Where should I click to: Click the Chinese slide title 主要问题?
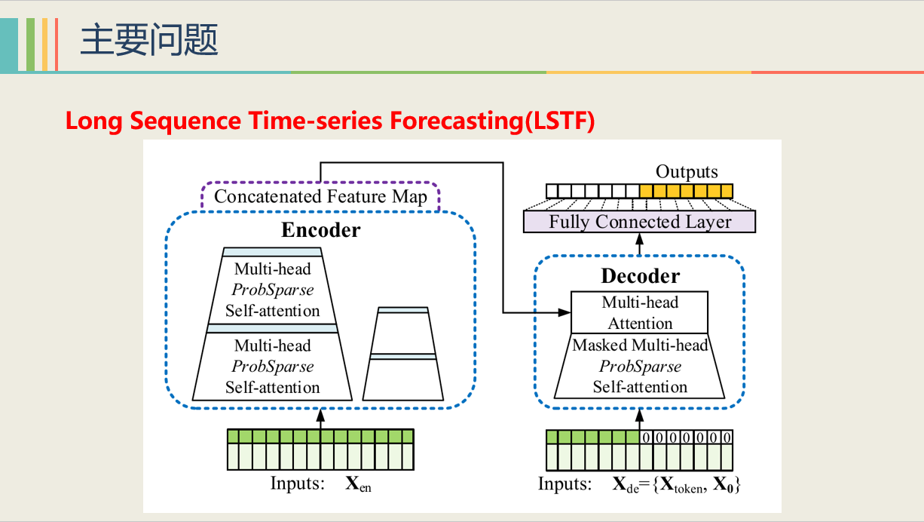point(148,39)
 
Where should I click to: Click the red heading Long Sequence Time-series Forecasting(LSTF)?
point(330,121)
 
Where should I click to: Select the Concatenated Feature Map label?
point(320,197)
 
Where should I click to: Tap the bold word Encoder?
point(321,230)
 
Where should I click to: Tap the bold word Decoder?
point(640,276)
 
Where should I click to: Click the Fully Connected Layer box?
point(639,222)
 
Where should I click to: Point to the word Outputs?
point(687,172)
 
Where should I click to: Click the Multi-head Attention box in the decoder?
point(640,313)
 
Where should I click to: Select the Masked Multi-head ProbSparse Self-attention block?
point(640,367)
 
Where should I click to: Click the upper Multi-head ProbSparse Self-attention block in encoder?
point(272,290)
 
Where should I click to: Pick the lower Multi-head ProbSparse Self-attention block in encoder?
point(272,367)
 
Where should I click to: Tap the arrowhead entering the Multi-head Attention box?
point(564,312)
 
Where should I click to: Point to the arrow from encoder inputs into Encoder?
point(320,419)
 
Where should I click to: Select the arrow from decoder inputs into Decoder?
point(640,418)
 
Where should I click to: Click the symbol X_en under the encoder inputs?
point(358,484)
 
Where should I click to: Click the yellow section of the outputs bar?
point(686,191)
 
